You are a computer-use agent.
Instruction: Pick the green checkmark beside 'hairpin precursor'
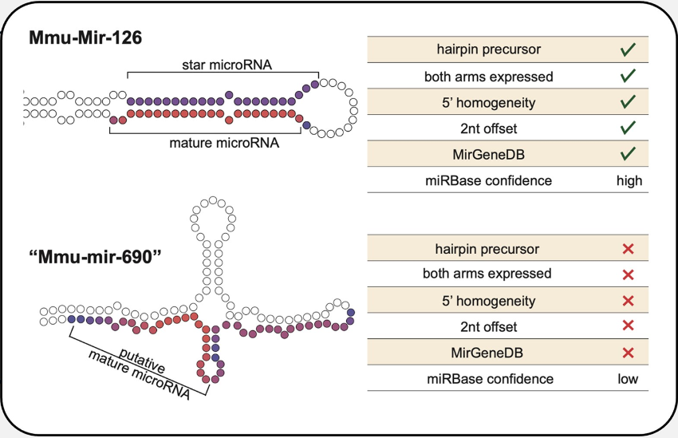628,49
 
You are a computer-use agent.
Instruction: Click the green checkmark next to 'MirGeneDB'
628,153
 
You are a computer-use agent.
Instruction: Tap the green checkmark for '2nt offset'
628,128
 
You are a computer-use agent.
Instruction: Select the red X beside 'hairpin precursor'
628,250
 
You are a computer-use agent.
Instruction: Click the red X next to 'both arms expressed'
628,275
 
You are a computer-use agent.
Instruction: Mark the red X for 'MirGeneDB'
628,353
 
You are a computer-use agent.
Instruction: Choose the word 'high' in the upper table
629,180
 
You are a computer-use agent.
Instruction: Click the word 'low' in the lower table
628,379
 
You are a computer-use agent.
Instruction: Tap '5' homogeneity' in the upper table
487,102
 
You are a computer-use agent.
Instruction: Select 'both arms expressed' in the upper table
487,77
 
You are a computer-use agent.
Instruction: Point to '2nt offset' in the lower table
487,327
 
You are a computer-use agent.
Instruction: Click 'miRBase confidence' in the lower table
487,379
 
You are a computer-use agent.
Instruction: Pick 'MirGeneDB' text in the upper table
487,154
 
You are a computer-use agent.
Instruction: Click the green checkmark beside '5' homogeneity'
628,101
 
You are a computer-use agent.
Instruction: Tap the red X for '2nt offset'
628,326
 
